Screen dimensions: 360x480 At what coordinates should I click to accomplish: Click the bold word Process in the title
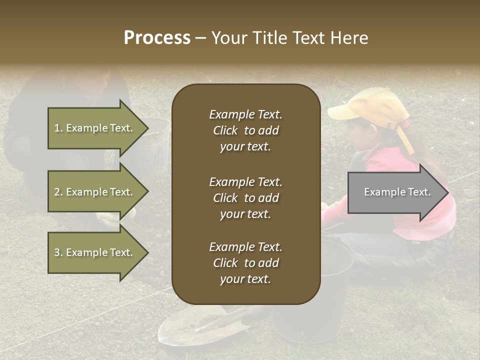tap(157, 38)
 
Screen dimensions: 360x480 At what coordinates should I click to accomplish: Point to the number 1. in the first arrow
tap(58, 128)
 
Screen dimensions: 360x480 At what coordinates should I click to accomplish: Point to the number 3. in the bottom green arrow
tap(58, 252)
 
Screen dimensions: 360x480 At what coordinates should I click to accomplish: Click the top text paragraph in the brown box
tap(245, 130)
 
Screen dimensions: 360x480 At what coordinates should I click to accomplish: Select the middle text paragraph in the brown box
tap(245, 197)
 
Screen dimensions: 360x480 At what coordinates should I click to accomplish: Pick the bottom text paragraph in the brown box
tap(245, 263)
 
